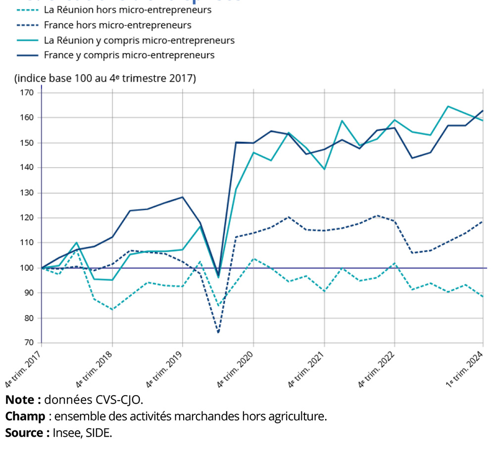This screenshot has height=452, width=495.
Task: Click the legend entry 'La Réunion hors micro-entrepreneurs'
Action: point(128,10)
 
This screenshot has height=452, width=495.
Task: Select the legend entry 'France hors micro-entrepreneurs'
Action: point(117,25)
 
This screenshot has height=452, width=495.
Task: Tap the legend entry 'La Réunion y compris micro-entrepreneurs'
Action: point(139,40)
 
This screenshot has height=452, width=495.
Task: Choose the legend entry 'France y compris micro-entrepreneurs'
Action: point(129,55)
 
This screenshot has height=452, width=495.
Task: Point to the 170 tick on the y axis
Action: point(26,92)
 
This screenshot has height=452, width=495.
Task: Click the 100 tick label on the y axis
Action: point(26,268)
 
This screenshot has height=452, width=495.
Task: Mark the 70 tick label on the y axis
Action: point(28,343)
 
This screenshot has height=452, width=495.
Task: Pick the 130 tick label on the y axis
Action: point(26,193)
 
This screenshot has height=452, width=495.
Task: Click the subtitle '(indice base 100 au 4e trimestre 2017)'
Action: point(105,78)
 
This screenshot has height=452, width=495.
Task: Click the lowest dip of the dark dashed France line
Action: point(218,332)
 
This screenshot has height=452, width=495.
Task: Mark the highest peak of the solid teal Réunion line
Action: point(448,106)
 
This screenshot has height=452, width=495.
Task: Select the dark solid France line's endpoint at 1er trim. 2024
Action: point(483,111)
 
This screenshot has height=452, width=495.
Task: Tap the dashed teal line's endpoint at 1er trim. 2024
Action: point(483,296)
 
